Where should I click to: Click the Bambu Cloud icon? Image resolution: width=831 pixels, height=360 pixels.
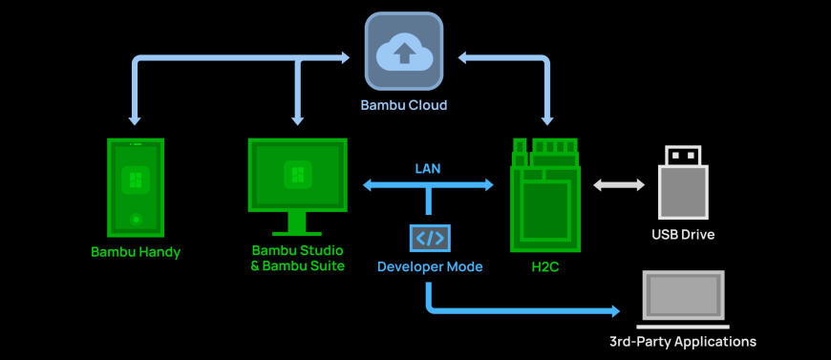click(403, 52)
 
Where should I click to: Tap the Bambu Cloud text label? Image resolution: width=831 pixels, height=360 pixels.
click(403, 104)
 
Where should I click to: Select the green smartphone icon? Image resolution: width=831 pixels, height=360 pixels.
click(135, 187)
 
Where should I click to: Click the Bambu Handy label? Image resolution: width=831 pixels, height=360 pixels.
click(135, 252)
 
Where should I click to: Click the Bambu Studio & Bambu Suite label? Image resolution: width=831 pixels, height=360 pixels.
click(297, 258)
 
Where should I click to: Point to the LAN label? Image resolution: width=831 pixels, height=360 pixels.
click(427, 167)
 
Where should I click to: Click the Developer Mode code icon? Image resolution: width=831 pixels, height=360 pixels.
click(429, 238)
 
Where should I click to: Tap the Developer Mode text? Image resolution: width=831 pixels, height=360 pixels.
click(429, 266)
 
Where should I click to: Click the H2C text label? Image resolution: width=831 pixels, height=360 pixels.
click(544, 266)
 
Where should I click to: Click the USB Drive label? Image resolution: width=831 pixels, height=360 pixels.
click(683, 234)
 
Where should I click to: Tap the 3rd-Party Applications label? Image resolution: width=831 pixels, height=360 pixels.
click(683, 341)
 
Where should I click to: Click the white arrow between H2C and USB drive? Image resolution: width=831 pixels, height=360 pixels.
click(618, 185)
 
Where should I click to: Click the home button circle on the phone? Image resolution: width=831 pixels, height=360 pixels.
click(135, 220)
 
